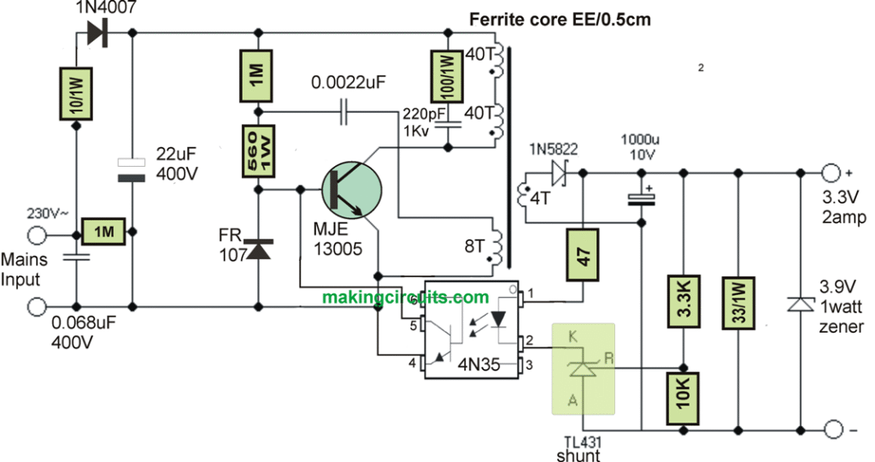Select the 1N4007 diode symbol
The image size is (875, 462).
click(95, 33)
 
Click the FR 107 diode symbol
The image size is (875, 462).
click(257, 249)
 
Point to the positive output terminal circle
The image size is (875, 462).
click(829, 172)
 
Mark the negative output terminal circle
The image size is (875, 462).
click(829, 428)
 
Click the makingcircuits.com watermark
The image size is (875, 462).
click(406, 298)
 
